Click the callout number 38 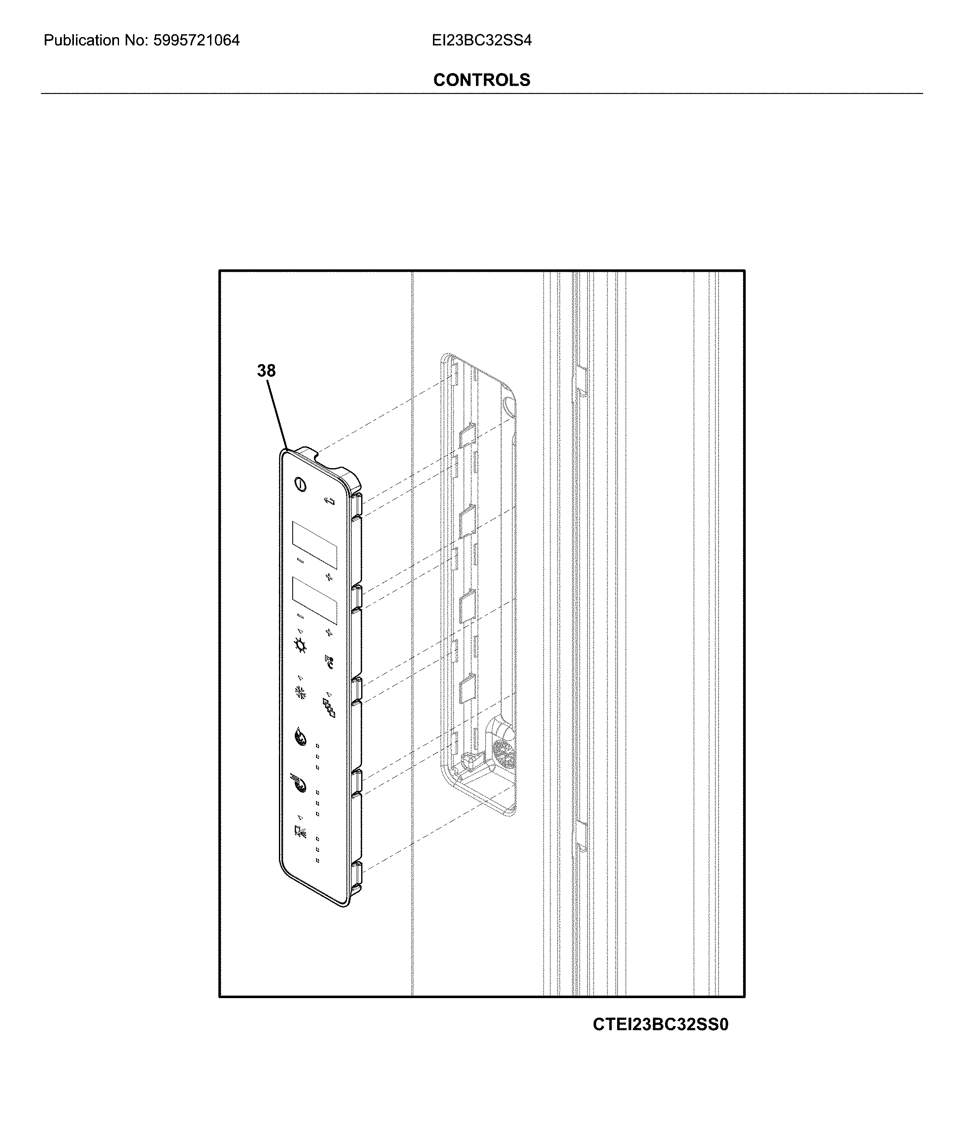point(266,371)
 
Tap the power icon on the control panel point(300,484)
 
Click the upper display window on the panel point(314,545)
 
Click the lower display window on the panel point(314,601)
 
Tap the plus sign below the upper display point(329,577)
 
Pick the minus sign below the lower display point(300,616)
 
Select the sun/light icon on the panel point(300,646)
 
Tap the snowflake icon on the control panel point(300,692)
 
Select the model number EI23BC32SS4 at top point(481,40)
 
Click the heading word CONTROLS point(481,80)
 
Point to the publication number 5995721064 point(196,40)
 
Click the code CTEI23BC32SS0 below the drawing point(660,1024)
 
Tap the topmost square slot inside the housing point(468,434)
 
